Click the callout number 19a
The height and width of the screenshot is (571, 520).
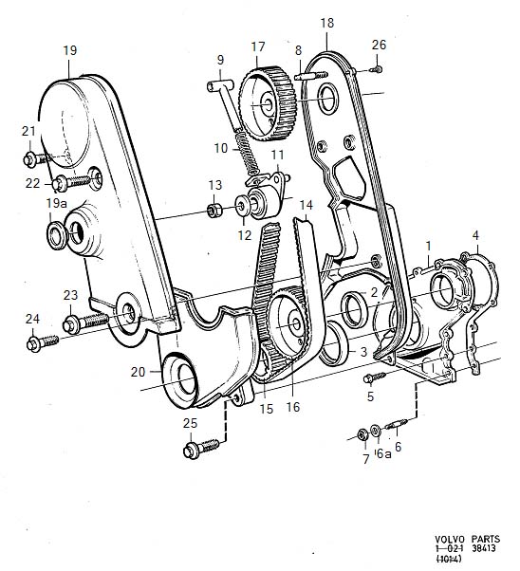(x=56, y=203)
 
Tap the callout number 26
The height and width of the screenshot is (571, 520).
(x=379, y=45)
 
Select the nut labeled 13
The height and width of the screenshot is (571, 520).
(x=214, y=211)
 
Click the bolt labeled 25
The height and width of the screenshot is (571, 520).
(x=201, y=448)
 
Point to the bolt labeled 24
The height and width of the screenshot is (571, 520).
(x=43, y=342)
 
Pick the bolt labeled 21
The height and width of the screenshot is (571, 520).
(x=36, y=159)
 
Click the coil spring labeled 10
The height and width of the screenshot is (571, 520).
(x=248, y=153)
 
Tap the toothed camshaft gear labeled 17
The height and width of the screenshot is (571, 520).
(x=267, y=103)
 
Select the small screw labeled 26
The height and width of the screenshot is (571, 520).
(x=377, y=68)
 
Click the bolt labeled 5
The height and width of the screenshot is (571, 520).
(x=374, y=378)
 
